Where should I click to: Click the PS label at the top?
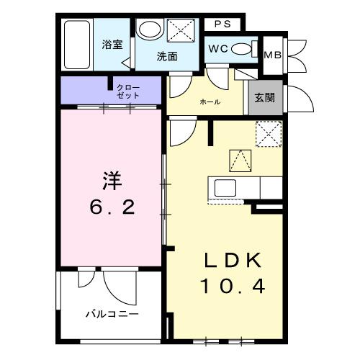pyautogui.click(x=222, y=24)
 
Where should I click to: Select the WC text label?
pyautogui.click(x=218, y=49)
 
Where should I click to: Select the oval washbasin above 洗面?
pyautogui.click(x=150, y=30)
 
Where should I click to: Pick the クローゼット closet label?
pyautogui.click(x=130, y=91)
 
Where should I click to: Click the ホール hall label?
pyautogui.click(x=210, y=102)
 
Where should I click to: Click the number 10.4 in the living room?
pyautogui.click(x=232, y=287)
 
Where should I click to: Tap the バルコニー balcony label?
pyautogui.click(x=112, y=314)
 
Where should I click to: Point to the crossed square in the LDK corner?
pyautogui.click(x=268, y=134)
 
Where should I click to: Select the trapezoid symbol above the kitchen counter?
pyautogui.click(x=240, y=158)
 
